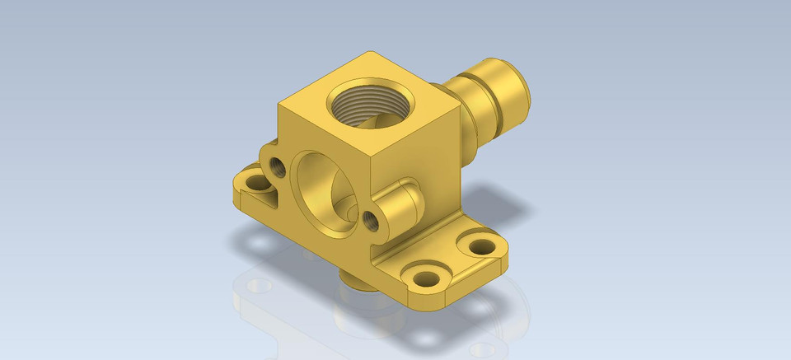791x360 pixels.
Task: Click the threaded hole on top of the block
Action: [363, 105]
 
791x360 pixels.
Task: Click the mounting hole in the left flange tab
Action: [253, 183]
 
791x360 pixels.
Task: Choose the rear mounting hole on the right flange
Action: [477, 245]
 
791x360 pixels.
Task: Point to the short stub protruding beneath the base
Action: [356, 280]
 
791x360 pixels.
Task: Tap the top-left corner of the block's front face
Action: [279, 105]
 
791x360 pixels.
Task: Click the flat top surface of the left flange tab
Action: [244, 191]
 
